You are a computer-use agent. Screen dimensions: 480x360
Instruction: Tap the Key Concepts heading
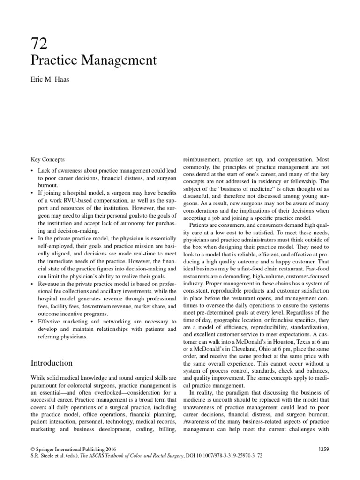[48, 159]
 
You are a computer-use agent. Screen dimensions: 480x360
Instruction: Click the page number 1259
[323, 449]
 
